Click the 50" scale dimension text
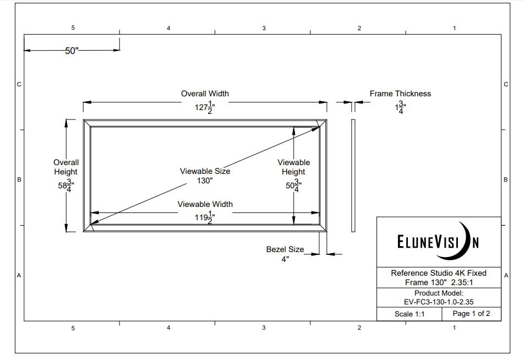[x=72, y=51]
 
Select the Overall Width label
[x=205, y=94]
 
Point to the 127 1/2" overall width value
[x=205, y=107]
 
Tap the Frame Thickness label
[x=400, y=94]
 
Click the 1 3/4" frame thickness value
[x=400, y=107]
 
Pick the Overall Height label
[x=66, y=167]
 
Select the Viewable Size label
[x=205, y=171]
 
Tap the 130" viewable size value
[x=205, y=181]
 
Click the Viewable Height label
[x=293, y=167]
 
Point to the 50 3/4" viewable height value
[x=293, y=186]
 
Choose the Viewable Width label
[x=205, y=204]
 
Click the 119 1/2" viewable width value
[x=205, y=218]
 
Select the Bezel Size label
[x=285, y=249]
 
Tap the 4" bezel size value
[x=285, y=259]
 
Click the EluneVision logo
[x=439, y=242]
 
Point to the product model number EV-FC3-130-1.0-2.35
[x=439, y=302]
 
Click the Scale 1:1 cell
[x=410, y=314]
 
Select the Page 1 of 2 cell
[x=471, y=314]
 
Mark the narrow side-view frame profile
[x=353, y=175]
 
